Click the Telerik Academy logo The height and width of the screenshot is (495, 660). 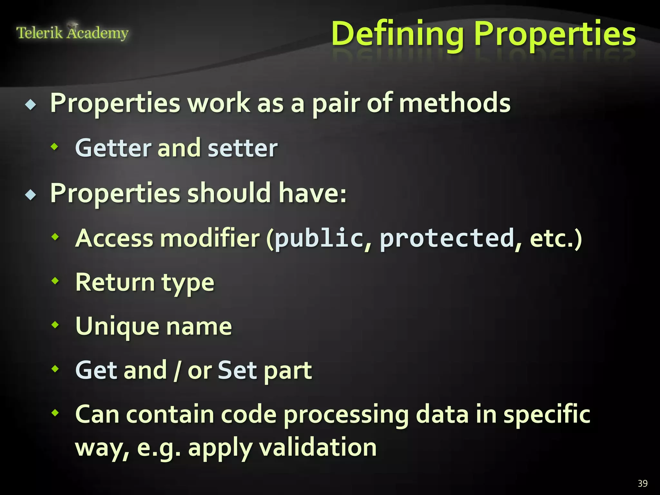click(72, 33)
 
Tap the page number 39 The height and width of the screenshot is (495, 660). click(642, 483)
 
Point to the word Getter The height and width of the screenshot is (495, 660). click(113, 148)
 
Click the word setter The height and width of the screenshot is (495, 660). click(243, 148)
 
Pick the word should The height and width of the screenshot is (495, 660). click(229, 193)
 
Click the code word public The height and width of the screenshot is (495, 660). click(319, 238)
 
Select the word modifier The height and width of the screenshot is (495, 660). click(210, 238)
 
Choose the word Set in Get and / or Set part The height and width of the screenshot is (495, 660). click(237, 370)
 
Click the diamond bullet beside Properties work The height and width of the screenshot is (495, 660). click(31, 104)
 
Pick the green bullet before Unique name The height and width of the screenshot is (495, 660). click(55, 325)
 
